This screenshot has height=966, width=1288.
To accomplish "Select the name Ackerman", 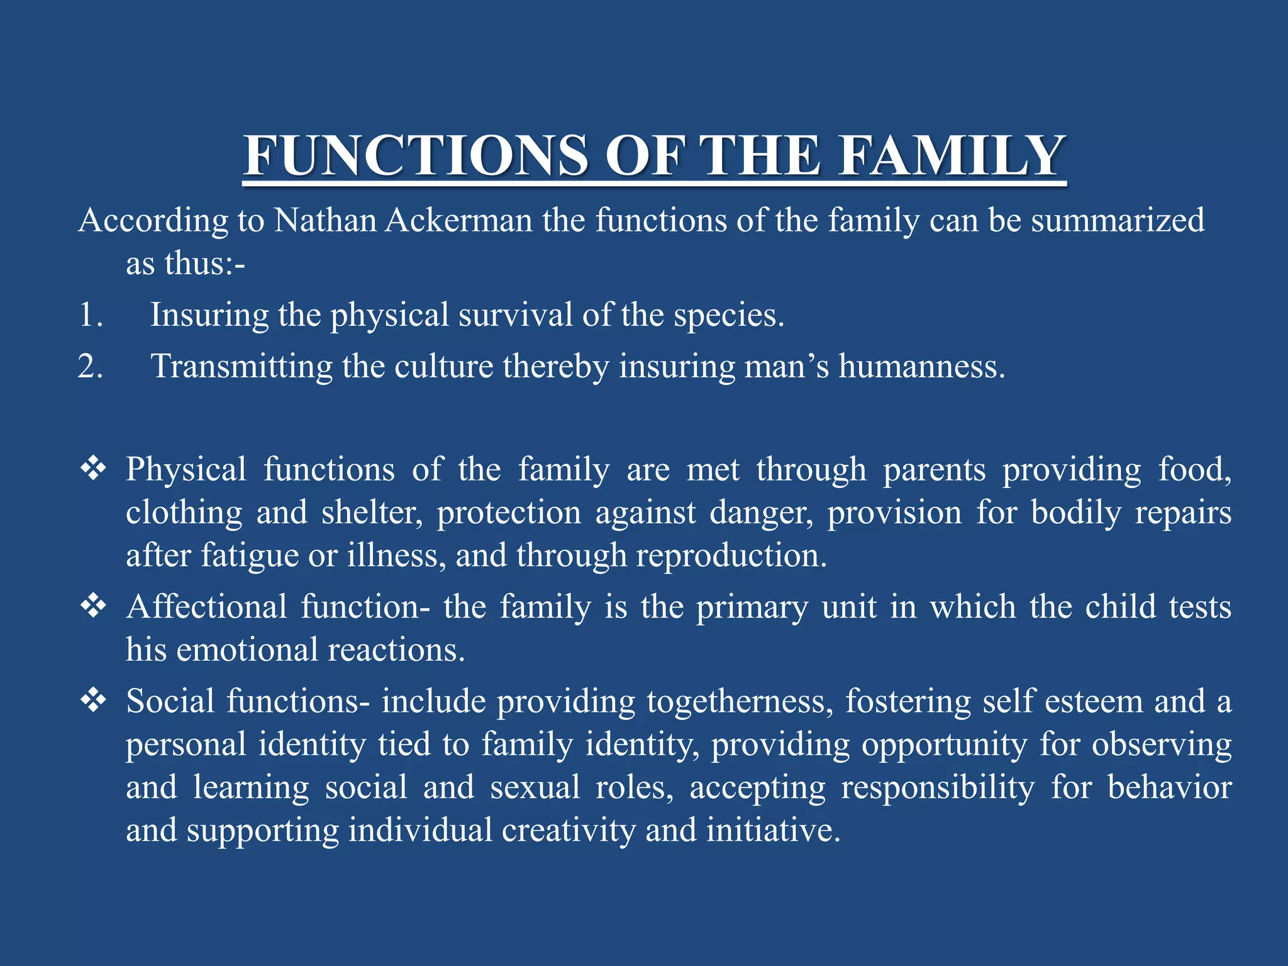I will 458,221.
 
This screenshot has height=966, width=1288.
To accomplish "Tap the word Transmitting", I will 241,367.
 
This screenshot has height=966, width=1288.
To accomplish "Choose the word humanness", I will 921,367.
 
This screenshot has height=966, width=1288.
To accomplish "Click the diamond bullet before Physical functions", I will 93,469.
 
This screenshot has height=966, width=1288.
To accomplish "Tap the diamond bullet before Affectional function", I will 93,607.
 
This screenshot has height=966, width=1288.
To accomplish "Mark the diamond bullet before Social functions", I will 93,701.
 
